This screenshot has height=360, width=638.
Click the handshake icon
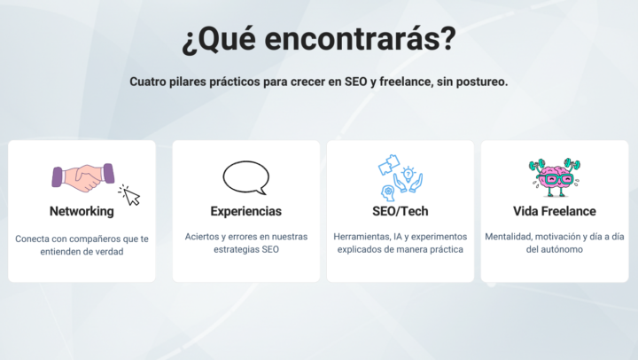[x=83, y=176]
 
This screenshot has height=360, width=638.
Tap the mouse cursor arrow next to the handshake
[x=130, y=195]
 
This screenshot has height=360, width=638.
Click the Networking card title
[x=82, y=212]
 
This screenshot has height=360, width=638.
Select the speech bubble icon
[x=245, y=177]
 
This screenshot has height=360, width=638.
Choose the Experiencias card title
[x=245, y=212]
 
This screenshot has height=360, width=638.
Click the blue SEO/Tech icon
[x=401, y=177]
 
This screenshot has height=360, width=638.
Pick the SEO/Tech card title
[x=401, y=212]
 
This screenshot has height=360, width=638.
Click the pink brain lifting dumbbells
[x=555, y=176]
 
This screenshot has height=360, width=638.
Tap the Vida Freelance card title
[x=555, y=212]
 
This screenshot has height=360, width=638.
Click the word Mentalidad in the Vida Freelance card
[x=511, y=237]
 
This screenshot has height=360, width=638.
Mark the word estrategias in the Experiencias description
[x=236, y=250]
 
